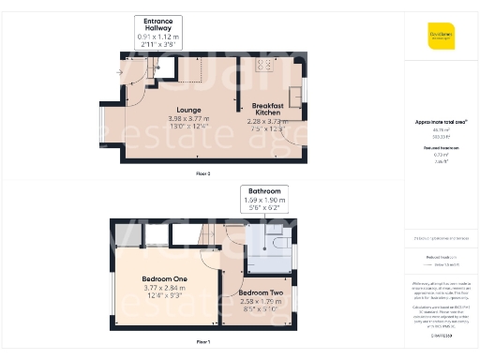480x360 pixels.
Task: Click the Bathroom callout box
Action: pos(263,199)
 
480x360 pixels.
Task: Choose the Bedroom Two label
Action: pos(260,292)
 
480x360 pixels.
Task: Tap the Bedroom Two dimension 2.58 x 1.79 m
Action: pos(260,301)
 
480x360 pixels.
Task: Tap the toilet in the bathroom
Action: pos(278,241)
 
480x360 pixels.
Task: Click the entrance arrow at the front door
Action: pos(119,72)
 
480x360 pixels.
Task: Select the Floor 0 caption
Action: pos(203,173)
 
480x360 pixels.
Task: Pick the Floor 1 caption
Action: pos(203,342)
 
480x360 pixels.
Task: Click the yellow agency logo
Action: pos(441,36)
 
